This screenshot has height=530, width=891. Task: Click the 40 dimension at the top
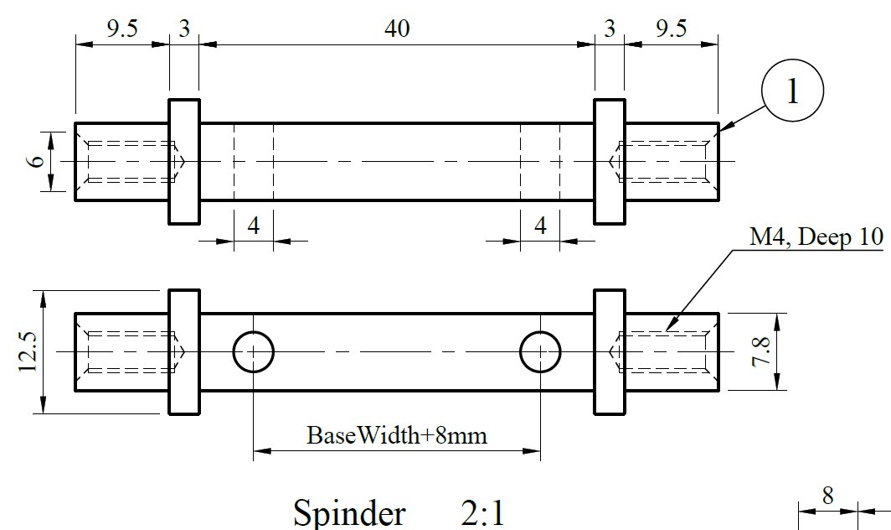[397, 29]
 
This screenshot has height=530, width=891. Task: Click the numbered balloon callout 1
[792, 91]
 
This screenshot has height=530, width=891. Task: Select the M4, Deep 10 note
[816, 237]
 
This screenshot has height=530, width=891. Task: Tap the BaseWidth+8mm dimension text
[397, 435]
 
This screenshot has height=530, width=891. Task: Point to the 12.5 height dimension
[28, 351]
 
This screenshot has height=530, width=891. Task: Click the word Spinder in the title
[349, 512]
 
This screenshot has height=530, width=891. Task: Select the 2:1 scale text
[483, 512]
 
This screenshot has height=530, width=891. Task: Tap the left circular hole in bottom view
[253, 352]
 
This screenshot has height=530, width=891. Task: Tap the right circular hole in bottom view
[540, 352]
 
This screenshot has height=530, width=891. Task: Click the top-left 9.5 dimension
[122, 29]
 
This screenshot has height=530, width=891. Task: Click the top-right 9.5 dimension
[671, 29]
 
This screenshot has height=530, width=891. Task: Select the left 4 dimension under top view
[253, 226]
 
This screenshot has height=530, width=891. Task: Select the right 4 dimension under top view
[540, 226]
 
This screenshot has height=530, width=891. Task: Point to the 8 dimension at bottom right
[827, 495]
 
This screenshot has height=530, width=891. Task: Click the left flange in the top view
[184, 161]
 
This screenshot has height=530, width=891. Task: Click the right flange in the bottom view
[609, 352]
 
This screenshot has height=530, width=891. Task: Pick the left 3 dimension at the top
[184, 29]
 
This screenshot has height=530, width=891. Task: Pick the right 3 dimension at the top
[609, 29]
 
